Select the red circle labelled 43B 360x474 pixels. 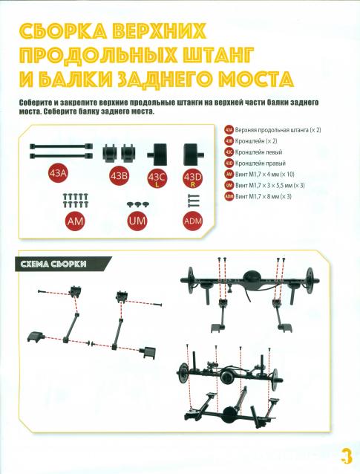[x=119, y=175]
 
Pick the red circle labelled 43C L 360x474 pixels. [x=157, y=178]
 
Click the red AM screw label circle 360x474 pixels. [x=75, y=221]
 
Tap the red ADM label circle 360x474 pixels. [x=194, y=221]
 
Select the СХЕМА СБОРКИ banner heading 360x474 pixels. [x=63, y=264]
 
